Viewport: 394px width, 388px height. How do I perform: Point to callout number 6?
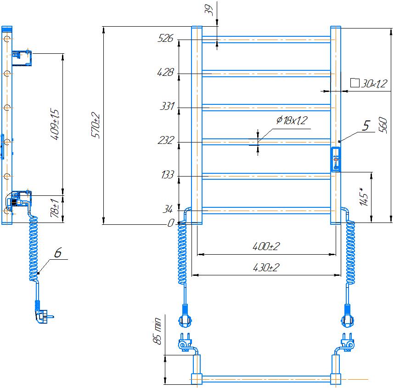tap(58, 252)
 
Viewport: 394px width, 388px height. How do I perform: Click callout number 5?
tap(366, 126)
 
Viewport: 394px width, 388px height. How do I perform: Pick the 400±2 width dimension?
tap(266, 246)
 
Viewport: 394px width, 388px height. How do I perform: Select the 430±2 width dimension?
tap(266, 268)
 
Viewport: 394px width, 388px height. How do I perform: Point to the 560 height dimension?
tap(383, 125)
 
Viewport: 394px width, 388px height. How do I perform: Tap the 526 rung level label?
tap(165, 39)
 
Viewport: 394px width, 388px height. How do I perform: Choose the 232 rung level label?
tap(165, 141)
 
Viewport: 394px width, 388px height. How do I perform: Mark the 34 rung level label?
tap(168, 210)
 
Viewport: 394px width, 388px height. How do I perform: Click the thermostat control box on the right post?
tap(336, 160)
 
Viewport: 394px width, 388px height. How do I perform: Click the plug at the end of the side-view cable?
tap(43, 315)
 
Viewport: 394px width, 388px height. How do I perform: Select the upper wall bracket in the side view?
tap(22, 57)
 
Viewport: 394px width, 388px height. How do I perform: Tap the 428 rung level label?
tap(165, 73)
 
